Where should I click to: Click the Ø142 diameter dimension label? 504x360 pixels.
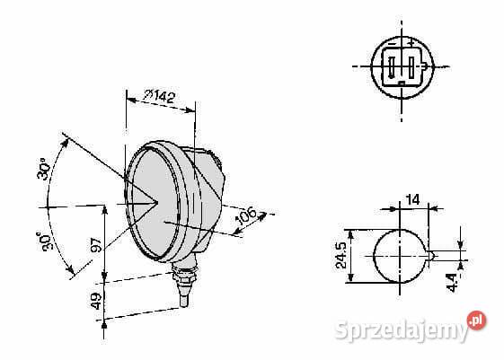160,96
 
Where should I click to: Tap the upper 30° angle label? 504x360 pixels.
43,169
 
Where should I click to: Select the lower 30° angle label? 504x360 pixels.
44,241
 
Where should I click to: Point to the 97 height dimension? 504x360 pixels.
97,245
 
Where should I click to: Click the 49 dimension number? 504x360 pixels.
97,301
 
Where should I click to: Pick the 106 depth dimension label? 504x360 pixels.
246,215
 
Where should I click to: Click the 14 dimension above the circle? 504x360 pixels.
412,199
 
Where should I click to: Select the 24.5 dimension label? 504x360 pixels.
340,255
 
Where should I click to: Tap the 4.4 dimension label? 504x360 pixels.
452,282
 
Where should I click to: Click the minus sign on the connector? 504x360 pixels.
392,43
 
